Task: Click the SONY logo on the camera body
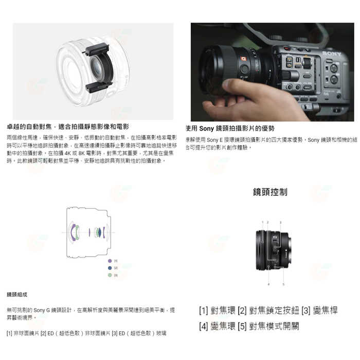331,53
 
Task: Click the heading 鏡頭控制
270,192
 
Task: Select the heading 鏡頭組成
17,295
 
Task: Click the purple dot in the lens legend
110,261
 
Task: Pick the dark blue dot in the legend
110,268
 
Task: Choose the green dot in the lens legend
110,276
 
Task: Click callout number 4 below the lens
268,284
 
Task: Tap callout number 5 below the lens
283,284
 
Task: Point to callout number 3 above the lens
280,222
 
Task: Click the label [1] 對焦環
217,311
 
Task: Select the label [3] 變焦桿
319,311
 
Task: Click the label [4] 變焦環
217,326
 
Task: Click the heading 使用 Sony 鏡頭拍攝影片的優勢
230,128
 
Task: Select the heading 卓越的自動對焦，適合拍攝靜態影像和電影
68,127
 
